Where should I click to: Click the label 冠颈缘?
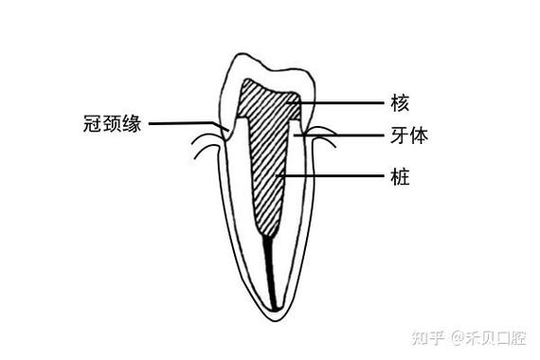pyautogui.click(x=112, y=123)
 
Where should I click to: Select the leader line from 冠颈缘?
pyautogui.click(x=185, y=122)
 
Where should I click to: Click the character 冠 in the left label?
pyautogui.click(x=91, y=123)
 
